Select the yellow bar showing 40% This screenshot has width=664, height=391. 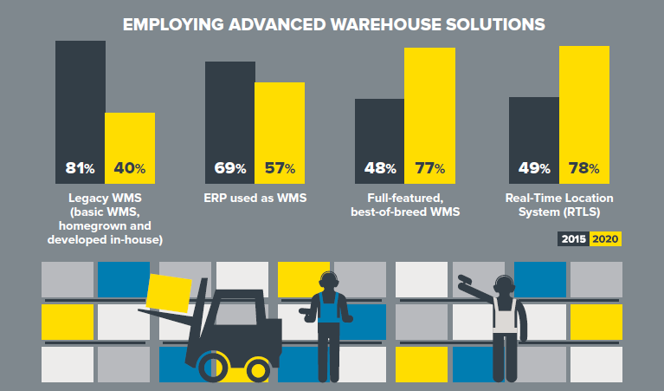pyautogui.click(x=130, y=147)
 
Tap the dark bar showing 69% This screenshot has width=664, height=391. pyautogui.click(x=229, y=121)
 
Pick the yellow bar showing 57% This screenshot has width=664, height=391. pyautogui.click(x=280, y=132)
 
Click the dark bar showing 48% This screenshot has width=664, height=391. pyautogui.click(x=380, y=140)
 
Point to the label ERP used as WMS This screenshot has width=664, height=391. pyautogui.click(x=255, y=198)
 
